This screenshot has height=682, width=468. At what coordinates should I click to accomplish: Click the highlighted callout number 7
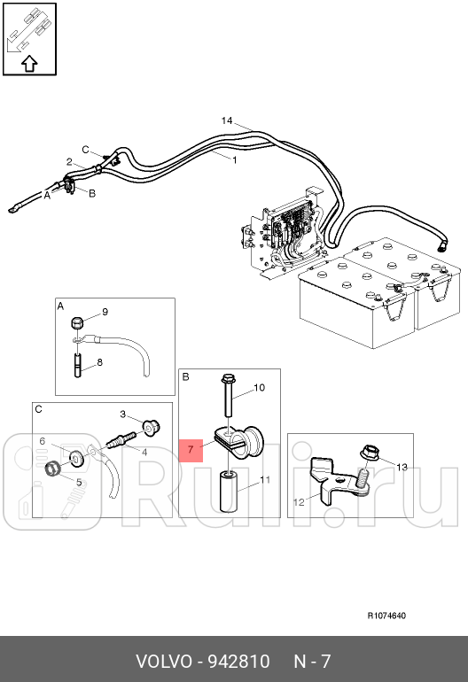pos(191,449)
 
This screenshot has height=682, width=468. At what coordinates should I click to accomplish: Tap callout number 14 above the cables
pos(227,120)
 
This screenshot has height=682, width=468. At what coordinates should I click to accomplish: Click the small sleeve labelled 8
pos(78,366)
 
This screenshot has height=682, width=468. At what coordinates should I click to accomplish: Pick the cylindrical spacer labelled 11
pos(229,491)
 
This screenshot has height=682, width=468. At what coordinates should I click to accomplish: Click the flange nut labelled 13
pos(370,453)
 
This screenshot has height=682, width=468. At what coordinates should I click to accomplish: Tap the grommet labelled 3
pos(151,428)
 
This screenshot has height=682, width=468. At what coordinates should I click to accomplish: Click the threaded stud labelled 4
pos(120,439)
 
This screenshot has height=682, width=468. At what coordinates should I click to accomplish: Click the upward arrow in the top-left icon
pos(29,64)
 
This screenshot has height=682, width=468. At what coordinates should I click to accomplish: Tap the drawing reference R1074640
pos(386,616)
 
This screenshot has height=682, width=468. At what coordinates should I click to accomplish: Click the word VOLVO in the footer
pos(164,662)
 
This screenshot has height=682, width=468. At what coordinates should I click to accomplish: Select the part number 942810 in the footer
pos(239,662)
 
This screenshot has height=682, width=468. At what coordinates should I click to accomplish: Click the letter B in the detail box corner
pos(185,376)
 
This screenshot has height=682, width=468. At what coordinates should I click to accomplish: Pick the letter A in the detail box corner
pos(60,306)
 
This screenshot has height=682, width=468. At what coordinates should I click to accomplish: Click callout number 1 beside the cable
pos(235,160)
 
